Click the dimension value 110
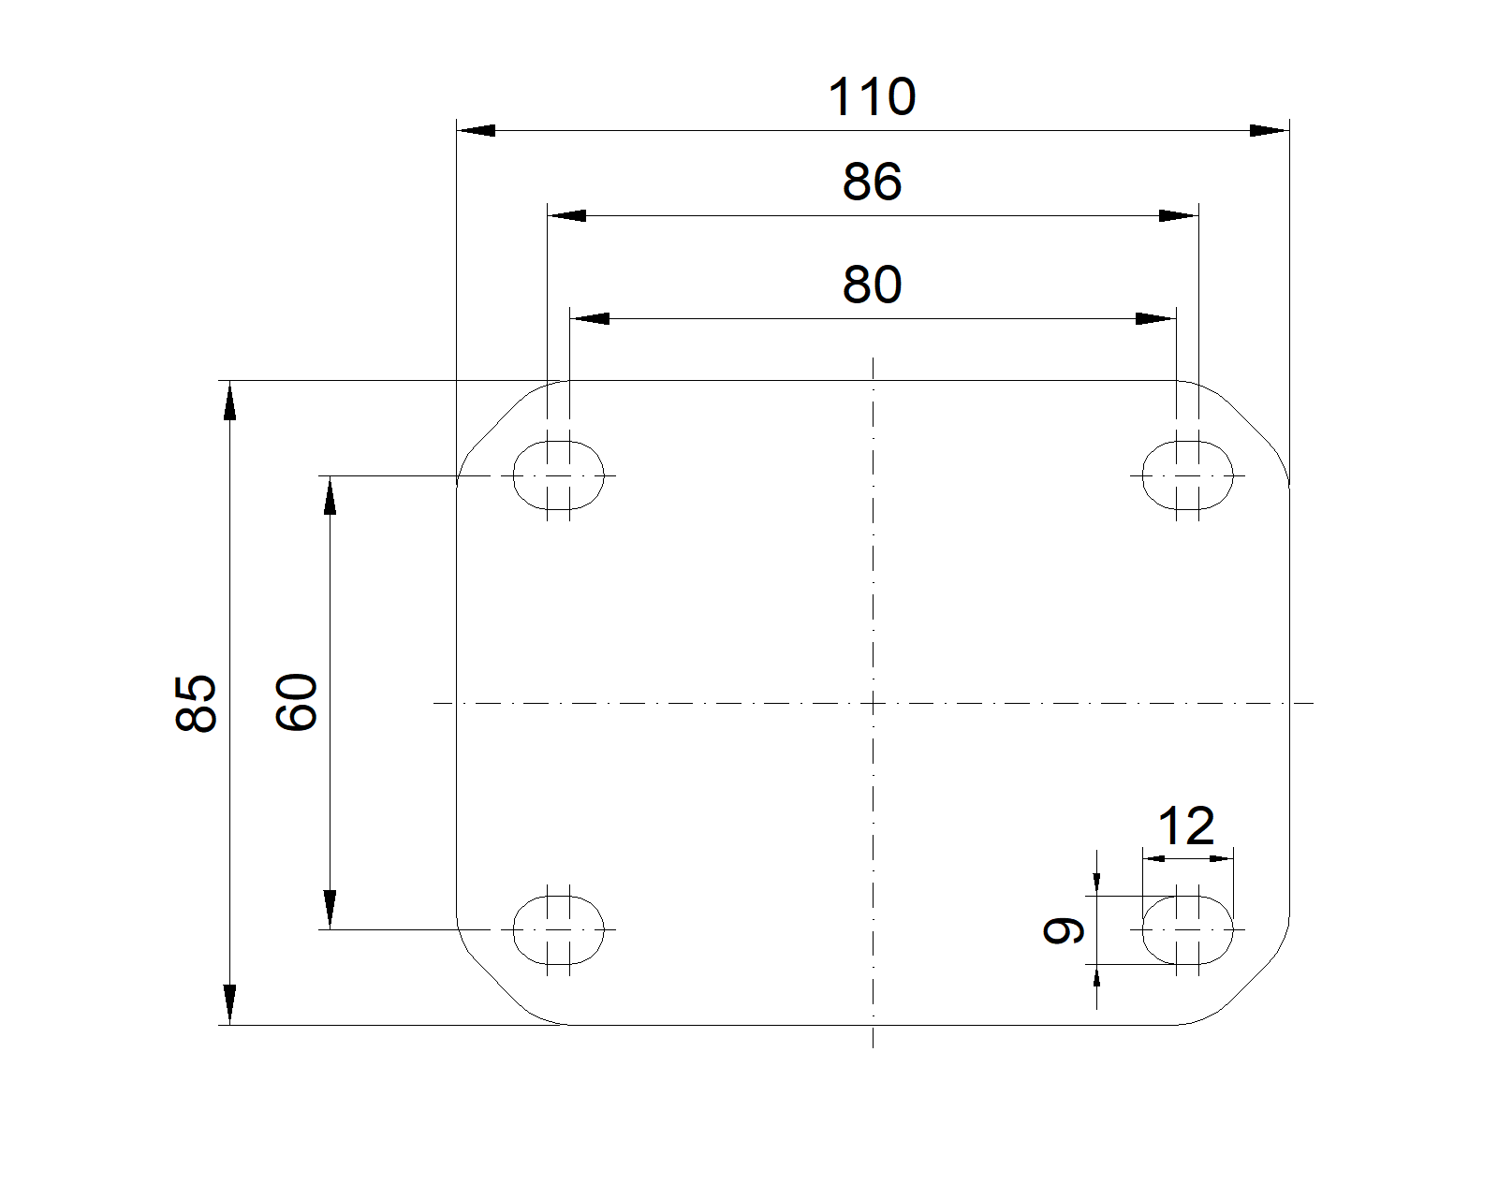(872, 96)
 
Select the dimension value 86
(872, 182)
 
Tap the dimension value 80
(872, 285)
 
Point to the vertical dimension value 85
(196, 703)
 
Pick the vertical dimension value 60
(297, 702)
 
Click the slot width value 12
(1185, 825)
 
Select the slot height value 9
(1063, 930)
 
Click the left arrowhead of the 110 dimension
(477, 130)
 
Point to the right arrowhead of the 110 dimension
(1270, 130)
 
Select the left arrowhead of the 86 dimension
(566, 216)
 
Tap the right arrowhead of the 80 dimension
(1156, 319)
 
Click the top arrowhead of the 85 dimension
(229, 401)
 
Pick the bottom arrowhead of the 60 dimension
(330, 909)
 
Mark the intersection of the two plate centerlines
(873, 703)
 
